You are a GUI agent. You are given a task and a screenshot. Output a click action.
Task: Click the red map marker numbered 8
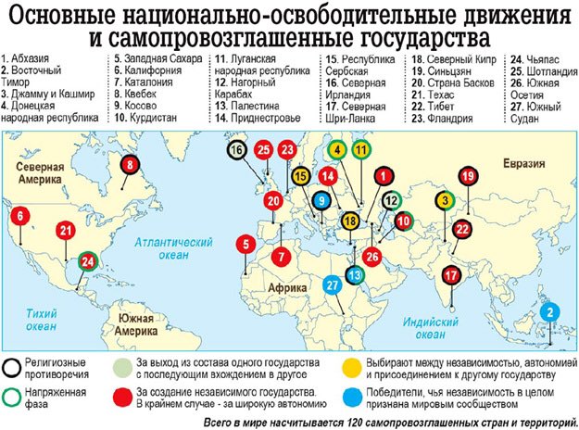[130, 167]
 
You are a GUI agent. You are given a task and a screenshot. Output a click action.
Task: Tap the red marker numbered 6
[19, 217]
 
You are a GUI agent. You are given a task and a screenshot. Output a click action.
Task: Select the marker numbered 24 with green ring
[88, 261]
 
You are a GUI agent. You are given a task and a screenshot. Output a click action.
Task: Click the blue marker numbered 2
[549, 312]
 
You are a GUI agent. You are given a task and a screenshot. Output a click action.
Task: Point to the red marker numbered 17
[451, 274]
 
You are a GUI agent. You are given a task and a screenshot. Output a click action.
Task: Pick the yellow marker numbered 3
[446, 199]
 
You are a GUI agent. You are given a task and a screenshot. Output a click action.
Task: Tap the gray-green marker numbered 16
[237, 150]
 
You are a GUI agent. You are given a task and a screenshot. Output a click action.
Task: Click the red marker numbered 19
[468, 176]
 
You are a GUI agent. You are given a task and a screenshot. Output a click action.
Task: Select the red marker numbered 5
[245, 245]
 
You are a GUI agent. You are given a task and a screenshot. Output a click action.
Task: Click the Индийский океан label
[425, 326]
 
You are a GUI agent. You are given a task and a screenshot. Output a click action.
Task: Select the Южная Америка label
[134, 323]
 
